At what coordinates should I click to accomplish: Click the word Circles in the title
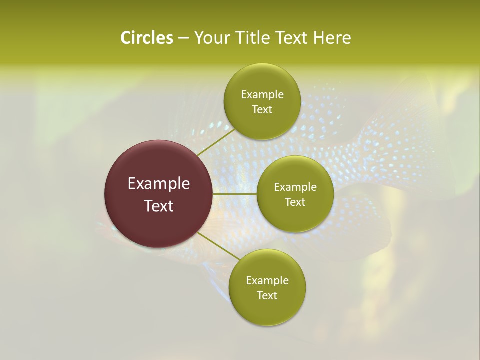(x=146, y=38)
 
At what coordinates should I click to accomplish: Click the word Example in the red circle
(x=158, y=184)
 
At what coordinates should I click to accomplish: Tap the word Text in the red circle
(x=158, y=206)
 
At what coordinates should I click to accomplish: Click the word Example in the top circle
(x=262, y=95)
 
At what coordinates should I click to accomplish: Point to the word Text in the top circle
(x=262, y=110)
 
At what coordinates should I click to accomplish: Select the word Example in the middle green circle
(x=295, y=187)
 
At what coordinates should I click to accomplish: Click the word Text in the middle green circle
(x=295, y=202)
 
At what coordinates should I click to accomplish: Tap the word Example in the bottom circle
(x=267, y=281)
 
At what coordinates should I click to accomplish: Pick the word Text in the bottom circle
(x=267, y=296)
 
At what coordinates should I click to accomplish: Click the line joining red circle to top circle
(x=215, y=142)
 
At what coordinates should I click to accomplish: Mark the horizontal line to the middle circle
(x=235, y=193)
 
